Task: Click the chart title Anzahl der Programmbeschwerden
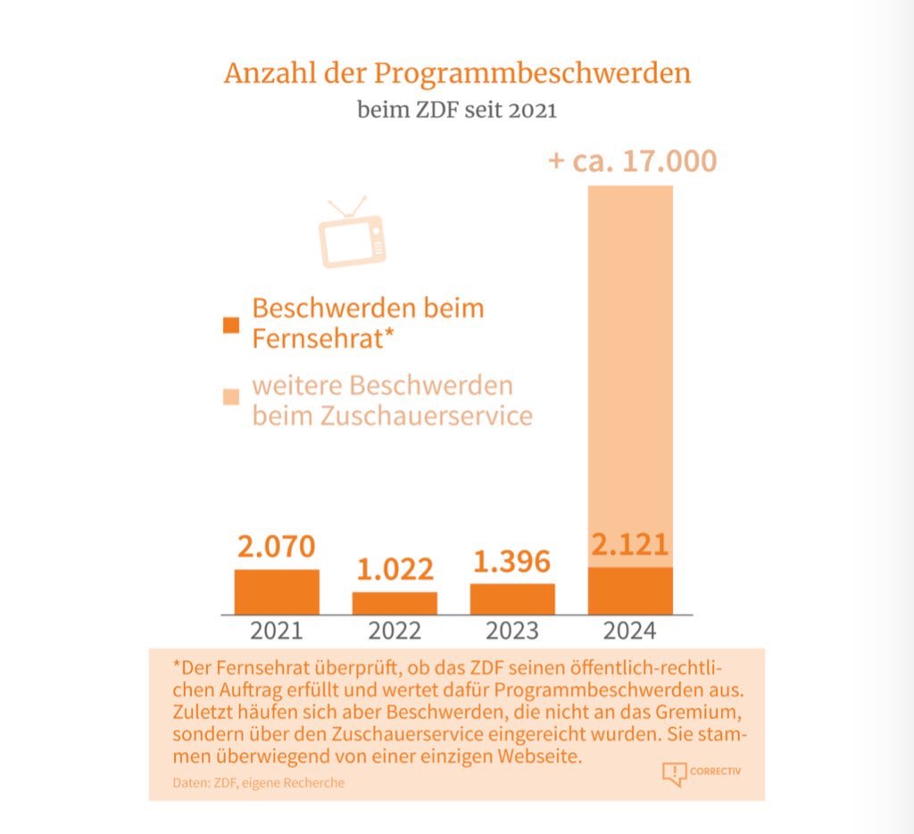457,73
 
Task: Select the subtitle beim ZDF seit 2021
457,111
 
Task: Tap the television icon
353,234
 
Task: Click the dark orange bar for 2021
277,591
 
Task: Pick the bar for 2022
395,603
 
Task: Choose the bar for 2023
512,599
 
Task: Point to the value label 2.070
277,546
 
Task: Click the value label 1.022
395,569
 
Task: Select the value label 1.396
512,561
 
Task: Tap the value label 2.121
630,544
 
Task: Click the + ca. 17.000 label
632,161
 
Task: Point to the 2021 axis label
277,631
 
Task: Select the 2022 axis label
395,631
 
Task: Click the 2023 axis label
512,631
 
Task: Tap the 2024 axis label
630,631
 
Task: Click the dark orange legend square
231,325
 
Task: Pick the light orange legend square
231,396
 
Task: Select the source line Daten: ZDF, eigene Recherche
259,782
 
